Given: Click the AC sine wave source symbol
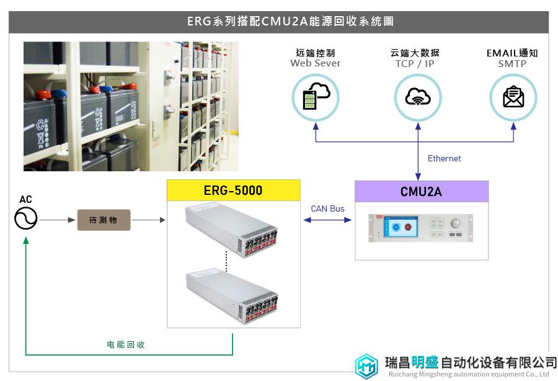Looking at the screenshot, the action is [25, 218].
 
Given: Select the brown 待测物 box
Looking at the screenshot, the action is [104, 220].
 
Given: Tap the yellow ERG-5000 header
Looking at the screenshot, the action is [234, 190].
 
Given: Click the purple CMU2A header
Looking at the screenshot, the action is [422, 192].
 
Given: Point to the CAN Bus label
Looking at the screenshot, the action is [327, 208].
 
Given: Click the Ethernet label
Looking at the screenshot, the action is [444, 158].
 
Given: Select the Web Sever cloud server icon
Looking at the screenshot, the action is [316, 97].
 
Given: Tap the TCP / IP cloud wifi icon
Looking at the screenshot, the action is [418, 97].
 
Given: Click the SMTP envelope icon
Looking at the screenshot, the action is [513, 97].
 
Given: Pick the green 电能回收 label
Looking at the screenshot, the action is [126, 344].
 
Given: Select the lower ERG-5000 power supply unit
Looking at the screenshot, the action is [232, 296].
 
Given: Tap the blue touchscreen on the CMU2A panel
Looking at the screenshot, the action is [401, 226].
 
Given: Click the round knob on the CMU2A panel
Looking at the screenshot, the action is [455, 223].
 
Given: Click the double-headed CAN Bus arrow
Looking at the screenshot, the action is [327, 220].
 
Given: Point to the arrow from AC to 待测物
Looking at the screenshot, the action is [57, 220].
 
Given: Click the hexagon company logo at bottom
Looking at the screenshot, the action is [366, 366].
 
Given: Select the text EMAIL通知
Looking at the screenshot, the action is [512, 53].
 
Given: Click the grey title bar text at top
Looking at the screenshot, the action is [290, 21].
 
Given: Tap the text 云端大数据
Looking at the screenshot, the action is [415, 53].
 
